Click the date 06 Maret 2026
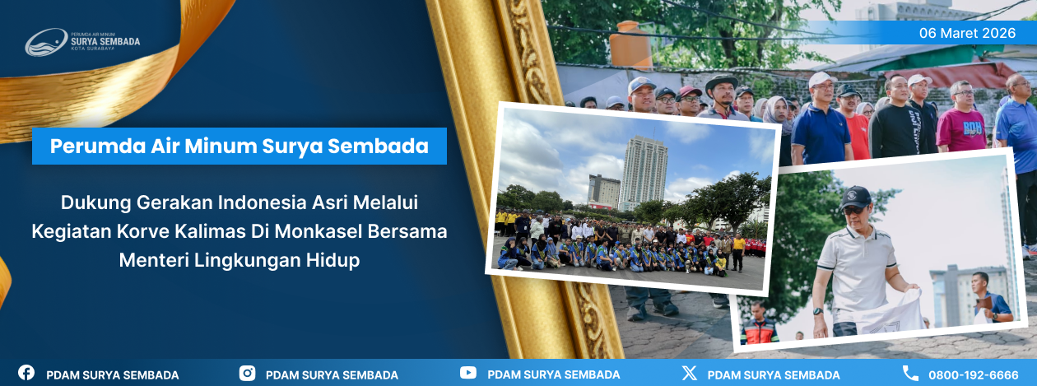tap(967, 33)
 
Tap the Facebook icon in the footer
tap(26, 373)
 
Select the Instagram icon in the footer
tap(247, 373)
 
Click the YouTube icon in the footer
tap(468, 373)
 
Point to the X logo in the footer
tap(689, 373)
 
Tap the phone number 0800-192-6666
tap(973, 375)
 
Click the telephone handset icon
tap(910, 373)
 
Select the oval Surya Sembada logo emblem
tap(46, 42)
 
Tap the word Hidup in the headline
tap(332, 260)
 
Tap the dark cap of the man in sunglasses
tap(855, 198)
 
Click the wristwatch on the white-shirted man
tap(817, 311)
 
